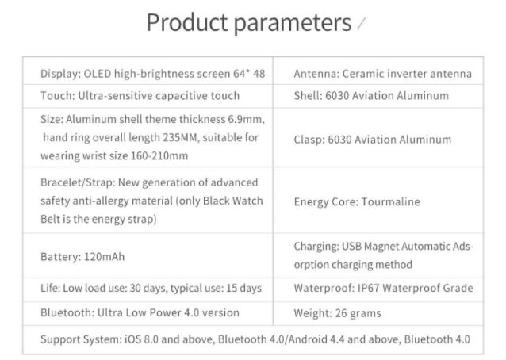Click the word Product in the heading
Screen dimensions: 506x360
pyautogui.click(x=187, y=22)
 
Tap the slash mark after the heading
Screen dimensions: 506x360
pyautogui.click(x=362, y=24)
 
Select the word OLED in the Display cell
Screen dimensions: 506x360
pyautogui.click(x=97, y=74)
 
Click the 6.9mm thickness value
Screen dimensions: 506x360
pyautogui.click(x=246, y=120)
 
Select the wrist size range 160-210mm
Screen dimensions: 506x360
pyautogui.click(x=159, y=156)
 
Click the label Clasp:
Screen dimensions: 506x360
pyautogui.click(x=309, y=140)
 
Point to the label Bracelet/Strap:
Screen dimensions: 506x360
pyautogui.click(x=78, y=183)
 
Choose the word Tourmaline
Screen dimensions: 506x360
pyautogui.click(x=390, y=202)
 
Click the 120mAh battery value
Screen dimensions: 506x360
pyautogui.click(x=104, y=257)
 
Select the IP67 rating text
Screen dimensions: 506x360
pyautogui.click(x=369, y=288)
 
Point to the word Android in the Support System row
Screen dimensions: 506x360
pyautogui.click(x=306, y=339)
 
